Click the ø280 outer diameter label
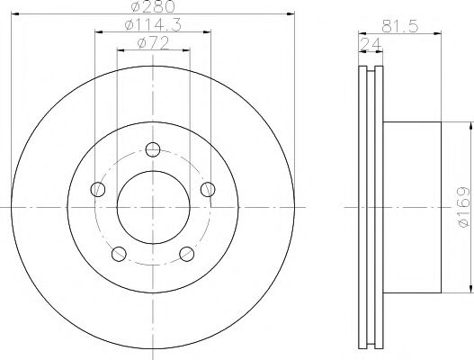click(153, 6)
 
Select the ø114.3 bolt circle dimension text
click(153, 25)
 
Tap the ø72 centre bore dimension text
click(153, 43)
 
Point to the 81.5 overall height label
click(399, 26)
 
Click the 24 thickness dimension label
click(371, 45)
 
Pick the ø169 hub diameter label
click(464, 207)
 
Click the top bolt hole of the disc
click(153, 149)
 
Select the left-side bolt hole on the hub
click(98, 189)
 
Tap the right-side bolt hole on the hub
click(208, 189)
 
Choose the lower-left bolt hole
click(119, 254)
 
